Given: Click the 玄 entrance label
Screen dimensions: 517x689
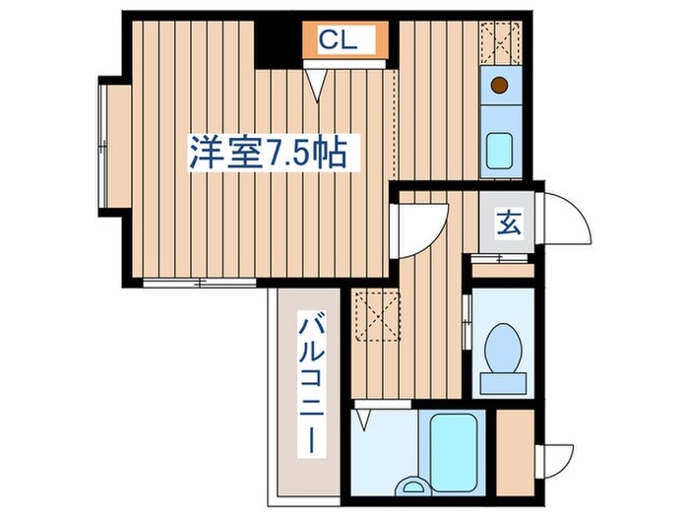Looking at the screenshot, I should point(508,225).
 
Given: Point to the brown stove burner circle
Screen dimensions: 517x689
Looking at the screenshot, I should point(501,85).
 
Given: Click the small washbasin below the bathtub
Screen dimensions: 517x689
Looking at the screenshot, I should point(413,485).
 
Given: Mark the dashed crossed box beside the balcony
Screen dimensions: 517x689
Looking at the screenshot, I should point(377,315).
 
